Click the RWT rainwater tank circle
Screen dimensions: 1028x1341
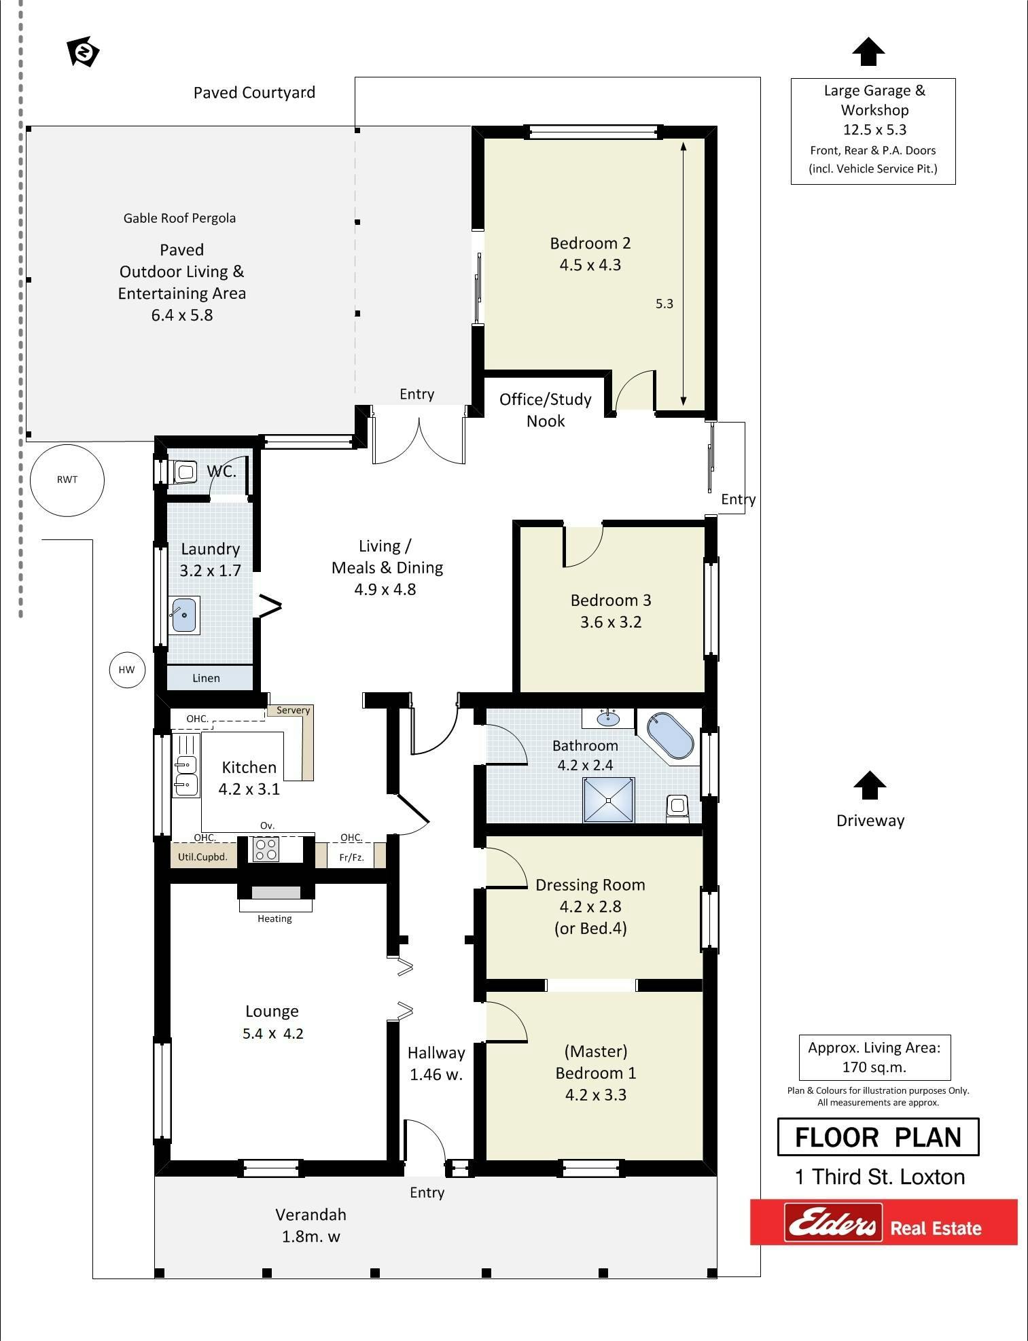point(67,480)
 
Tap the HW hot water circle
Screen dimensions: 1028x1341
point(127,670)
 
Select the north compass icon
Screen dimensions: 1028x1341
point(83,52)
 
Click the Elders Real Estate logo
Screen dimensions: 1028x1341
point(883,1222)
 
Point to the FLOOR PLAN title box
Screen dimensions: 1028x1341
point(878,1137)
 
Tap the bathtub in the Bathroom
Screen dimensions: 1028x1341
point(670,735)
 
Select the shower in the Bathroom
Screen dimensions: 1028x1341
point(609,800)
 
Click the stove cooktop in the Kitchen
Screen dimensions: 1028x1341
point(266,849)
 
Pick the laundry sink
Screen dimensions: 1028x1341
point(184,615)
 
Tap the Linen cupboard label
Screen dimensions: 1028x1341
point(206,678)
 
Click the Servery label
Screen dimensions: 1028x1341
point(293,710)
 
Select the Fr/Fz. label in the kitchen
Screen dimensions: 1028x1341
point(351,857)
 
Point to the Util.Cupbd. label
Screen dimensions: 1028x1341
point(202,857)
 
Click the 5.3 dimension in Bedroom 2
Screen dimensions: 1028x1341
point(664,304)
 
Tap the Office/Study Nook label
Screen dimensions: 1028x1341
point(546,410)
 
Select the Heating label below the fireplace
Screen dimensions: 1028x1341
point(274,918)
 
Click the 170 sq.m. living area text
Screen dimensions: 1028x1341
point(874,1067)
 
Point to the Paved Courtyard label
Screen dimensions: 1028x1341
point(254,92)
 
